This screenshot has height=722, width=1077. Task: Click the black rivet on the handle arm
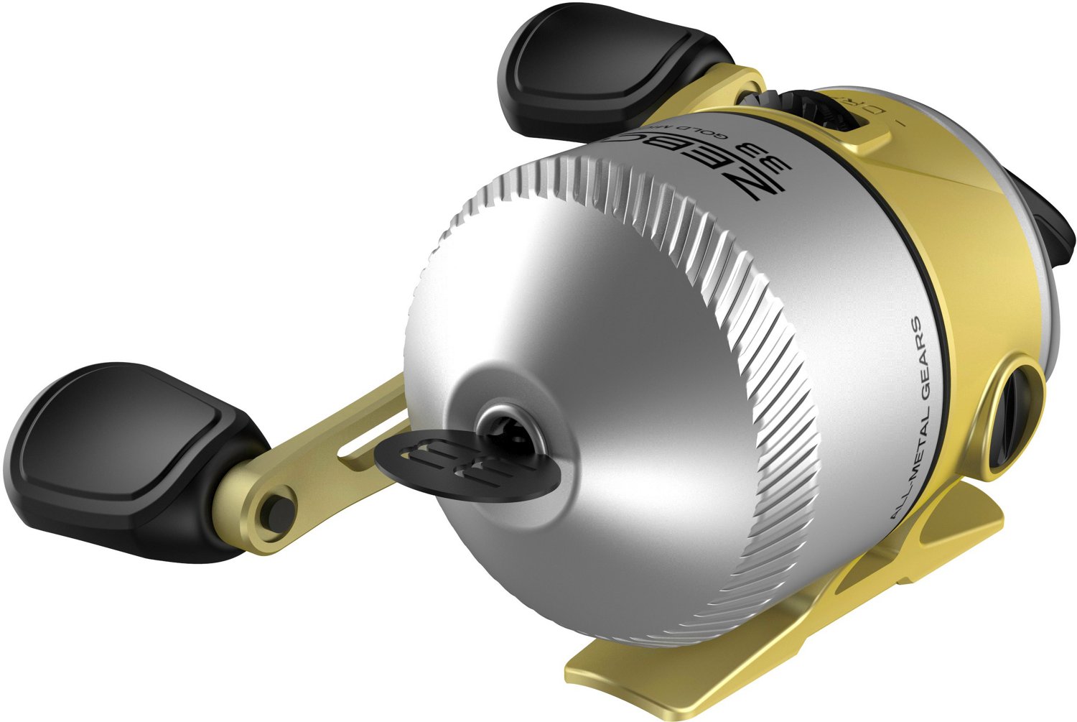(279, 510)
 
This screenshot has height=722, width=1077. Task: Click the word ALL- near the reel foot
(897, 500)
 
